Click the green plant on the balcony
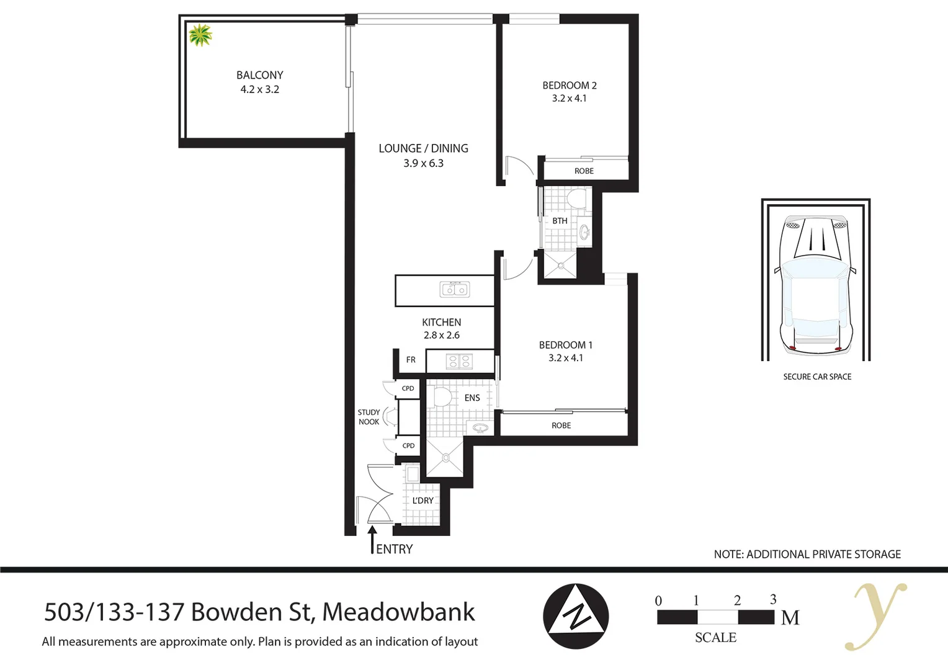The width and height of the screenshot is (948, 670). [200, 35]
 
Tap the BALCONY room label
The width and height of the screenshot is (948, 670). [259, 75]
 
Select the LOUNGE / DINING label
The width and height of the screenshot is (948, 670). [423, 148]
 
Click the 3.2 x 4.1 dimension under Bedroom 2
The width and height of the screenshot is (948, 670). [569, 99]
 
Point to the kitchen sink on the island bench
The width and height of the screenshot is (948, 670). [454, 289]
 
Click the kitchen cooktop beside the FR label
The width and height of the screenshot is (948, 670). [460, 360]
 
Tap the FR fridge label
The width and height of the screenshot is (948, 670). [411, 360]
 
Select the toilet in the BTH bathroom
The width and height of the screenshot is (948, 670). [576, 199]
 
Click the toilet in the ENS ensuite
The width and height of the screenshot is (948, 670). [442, 396]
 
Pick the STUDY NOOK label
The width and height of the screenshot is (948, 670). [369, 417]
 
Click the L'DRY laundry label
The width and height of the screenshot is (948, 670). [423, 501]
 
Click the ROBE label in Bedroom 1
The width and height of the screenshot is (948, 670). [561, 426]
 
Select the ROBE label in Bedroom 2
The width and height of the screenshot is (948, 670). [584, 171]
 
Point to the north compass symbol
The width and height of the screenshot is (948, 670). [576, 616]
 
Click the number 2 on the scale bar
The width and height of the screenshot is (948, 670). [737, 601]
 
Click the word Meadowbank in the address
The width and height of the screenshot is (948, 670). [398, 612]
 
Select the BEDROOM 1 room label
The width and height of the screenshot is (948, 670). [565, 345]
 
